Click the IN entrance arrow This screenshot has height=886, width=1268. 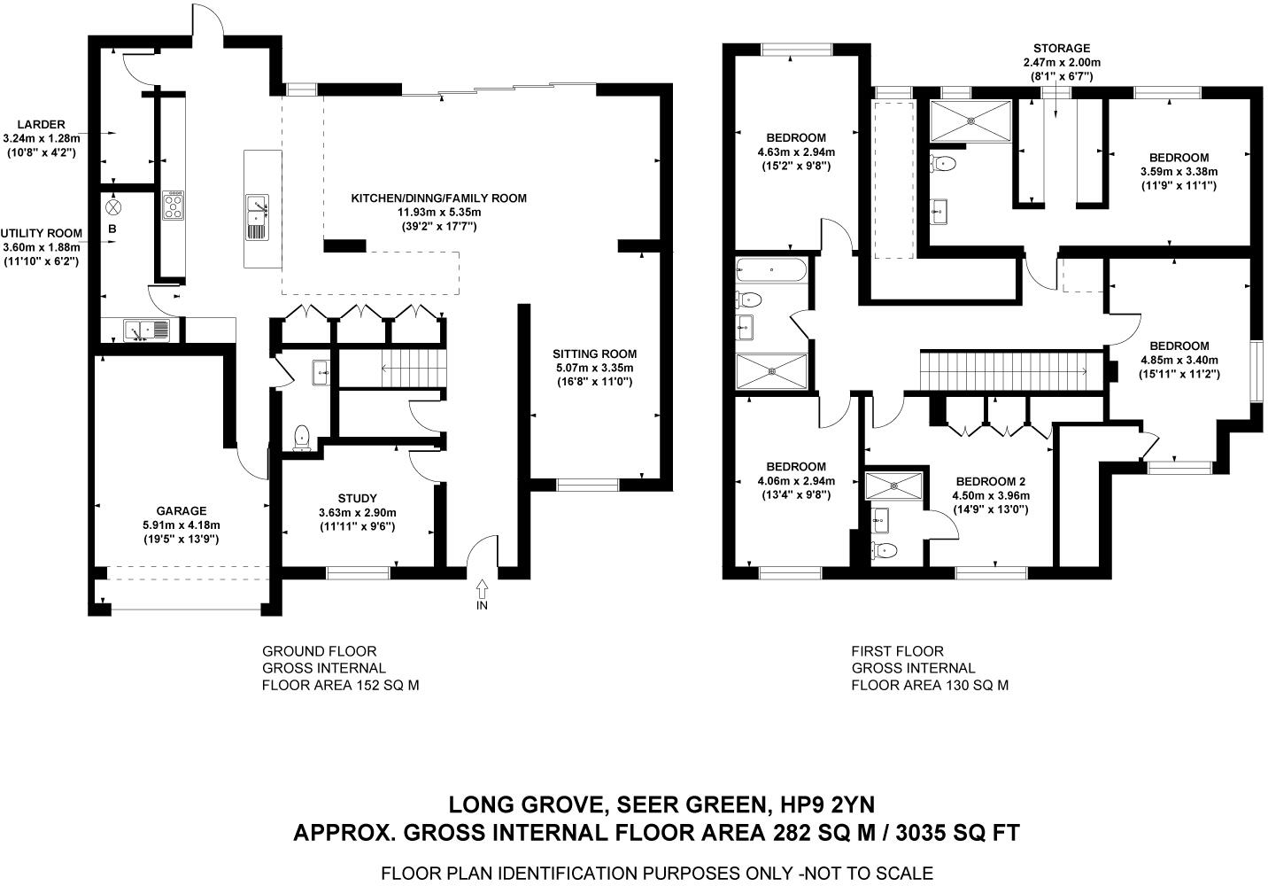[482, 589]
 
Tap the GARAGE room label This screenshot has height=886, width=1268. [182, 511]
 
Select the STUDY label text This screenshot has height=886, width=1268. [357, 499]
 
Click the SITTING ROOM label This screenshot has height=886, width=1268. [594, 354]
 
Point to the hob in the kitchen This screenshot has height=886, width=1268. [174, 205]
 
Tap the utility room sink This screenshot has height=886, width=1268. [147, 330]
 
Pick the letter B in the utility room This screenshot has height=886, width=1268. [112, 229]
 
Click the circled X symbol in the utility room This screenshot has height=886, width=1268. [113, 207]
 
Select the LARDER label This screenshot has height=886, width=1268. [41, 125]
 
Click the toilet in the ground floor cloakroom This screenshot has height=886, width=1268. [302, 439]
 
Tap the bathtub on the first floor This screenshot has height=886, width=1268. [771, 270]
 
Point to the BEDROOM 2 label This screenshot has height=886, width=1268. [990, 482]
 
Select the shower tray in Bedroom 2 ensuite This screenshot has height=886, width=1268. [893, 486]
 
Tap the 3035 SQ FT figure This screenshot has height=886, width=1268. [958, 834]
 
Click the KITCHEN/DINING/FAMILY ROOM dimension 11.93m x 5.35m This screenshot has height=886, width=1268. [438, 213]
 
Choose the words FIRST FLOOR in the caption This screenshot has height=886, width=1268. [897, 651]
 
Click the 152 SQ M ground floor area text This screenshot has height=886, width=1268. [388, 686]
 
